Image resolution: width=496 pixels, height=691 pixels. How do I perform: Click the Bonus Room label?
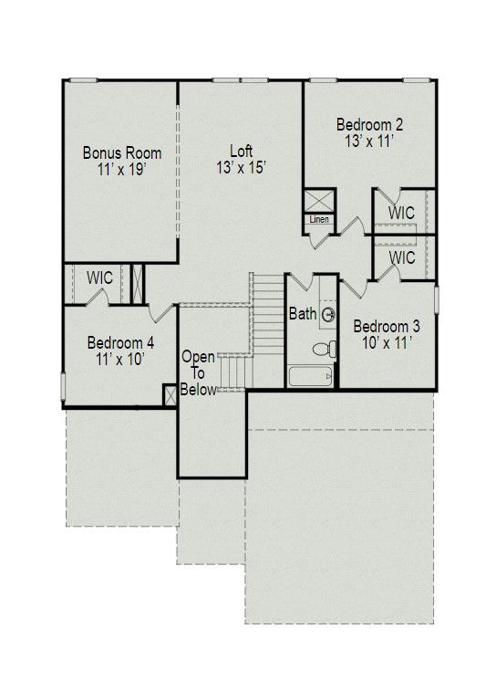click(x=122, y=153)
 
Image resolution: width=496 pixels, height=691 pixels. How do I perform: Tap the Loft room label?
click(x=242, y=152)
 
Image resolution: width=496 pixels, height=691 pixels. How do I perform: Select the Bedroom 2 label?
click(x=369, y=125)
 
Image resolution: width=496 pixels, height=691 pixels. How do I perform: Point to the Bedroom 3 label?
click(x=387, y=327)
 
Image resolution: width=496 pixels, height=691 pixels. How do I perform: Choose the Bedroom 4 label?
click(x=120, y=343)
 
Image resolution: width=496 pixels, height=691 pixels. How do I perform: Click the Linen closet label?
click(x=318, y=219)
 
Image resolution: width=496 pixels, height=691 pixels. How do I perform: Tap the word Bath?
click(x=303, y=314)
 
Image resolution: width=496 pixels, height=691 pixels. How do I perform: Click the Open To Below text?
click(x=199, y=373)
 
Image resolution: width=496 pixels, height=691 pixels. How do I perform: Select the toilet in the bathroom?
click(x=325, y=349)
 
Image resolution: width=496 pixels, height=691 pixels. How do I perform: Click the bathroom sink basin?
click(x=328, y=315)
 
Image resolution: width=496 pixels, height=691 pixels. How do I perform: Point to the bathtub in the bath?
click(x=310, y=377)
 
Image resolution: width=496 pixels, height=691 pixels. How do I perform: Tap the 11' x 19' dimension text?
click(x=121, y=169)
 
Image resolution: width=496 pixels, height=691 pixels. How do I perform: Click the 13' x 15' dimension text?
click(x=242, y=167)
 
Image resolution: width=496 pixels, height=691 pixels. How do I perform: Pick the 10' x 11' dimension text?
click(x=387, y=343)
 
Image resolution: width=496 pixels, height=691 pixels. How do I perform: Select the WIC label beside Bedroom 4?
click(x=99, y=278)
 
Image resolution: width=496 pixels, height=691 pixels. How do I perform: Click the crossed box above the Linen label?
click(x=320, y=202)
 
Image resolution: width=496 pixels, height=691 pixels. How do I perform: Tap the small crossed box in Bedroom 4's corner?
click(x=170, y=395)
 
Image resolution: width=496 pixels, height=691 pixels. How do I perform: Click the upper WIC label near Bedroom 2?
click(x=401, y=214)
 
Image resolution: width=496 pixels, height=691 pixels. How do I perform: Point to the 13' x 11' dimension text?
click(x=369, y=141)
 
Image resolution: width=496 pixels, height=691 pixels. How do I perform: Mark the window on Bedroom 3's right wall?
click(x=436, y=300)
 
